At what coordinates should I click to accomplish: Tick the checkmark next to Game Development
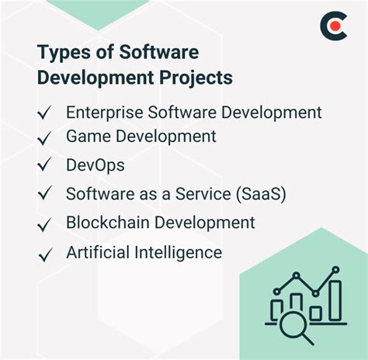(x=46, y=138)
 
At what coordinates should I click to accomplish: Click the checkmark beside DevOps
(x=46, y=166)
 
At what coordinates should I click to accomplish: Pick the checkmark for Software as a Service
(x=46, y=194)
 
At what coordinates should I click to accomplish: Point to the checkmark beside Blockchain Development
(x=46, y=223)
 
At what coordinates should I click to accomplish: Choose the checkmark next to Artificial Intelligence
(x=46, y=254)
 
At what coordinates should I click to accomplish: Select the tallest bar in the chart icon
(x=335, y=300)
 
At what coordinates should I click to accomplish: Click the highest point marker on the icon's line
(x=335, y=270)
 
